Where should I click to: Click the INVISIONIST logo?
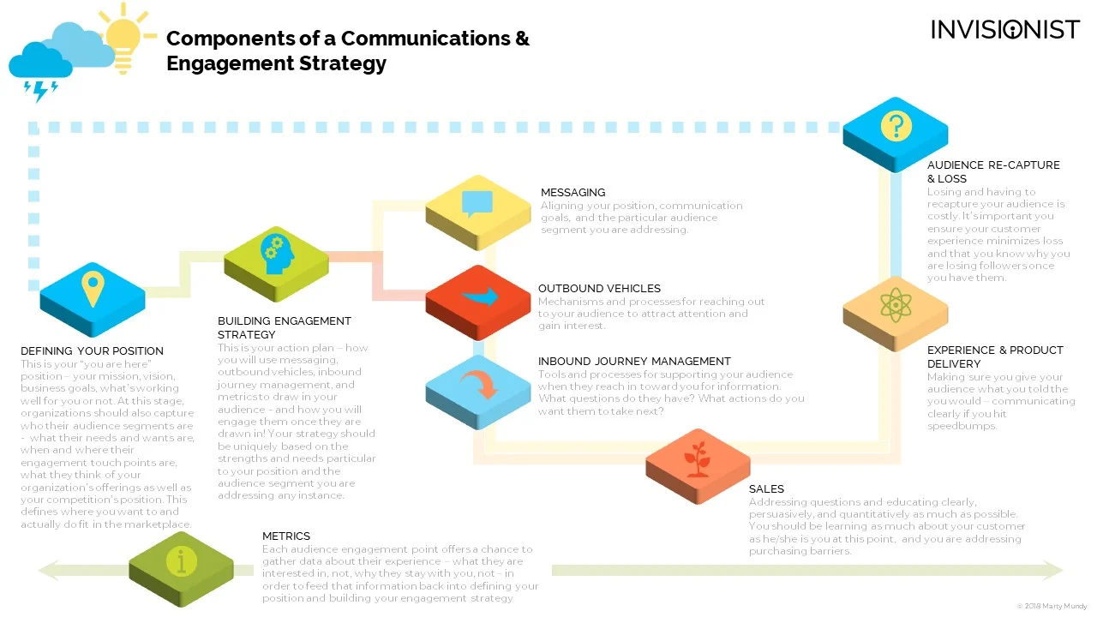pyautogui.click(x=1005, y=30)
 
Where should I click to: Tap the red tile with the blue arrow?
pyautogui.click(x=478, y=299)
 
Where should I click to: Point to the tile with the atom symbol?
pyautogui.click(x=895, y=307)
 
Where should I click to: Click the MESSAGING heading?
pyautogui.click(x=572, y=193)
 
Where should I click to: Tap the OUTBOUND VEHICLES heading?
pyautogui.click(x=599, y=289)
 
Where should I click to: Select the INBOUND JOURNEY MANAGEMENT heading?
pyautogui.click(x=634, y=362)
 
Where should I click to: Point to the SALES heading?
pyautogui.click(x=766, y=489)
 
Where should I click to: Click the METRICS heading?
pyautogui.click(x=286, y=536)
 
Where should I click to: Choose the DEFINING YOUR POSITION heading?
pyautogui.click(x=92, y=351)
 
